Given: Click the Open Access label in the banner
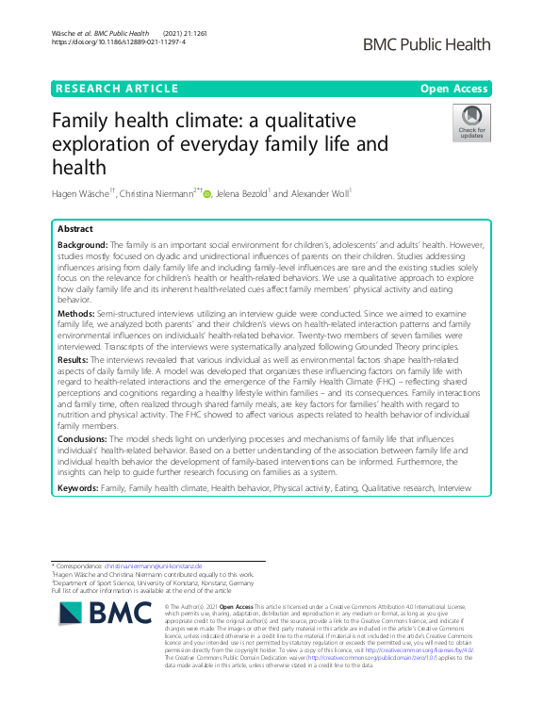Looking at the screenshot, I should (x=454, y=89).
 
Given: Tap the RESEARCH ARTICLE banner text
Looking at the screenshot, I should (x=117, y=89).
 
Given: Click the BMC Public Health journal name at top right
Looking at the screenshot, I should (x=428, y=44).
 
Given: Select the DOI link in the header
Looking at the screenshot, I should (x=118, y=42).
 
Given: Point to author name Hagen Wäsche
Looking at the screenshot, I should (x=84, y=195).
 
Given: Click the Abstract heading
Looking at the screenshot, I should (x=76, y=229).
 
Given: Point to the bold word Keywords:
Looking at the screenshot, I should (x=78, y=487).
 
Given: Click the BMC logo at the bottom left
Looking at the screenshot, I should (x=104, y=614).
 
